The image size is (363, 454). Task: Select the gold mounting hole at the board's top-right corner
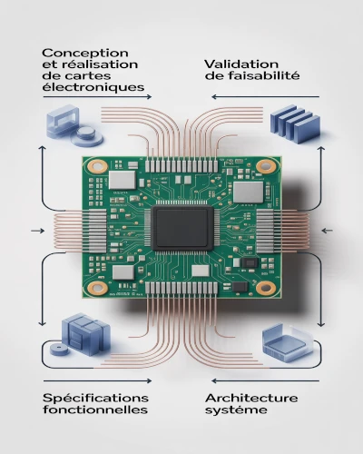pos(267,167)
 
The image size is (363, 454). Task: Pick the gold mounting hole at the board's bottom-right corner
pos(266,287)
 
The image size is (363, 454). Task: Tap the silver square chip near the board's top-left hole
pos(123,180)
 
